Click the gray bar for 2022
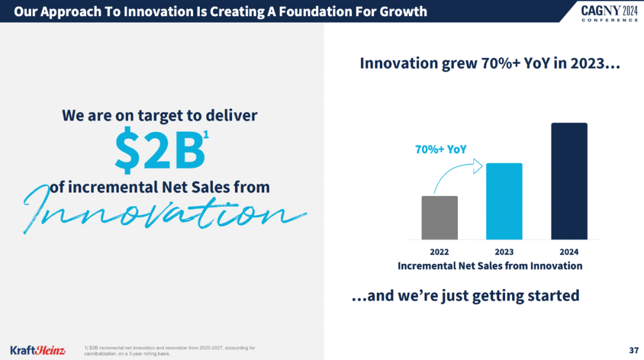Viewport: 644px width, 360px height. (439, 218)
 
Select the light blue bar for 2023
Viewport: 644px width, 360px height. (504, 201)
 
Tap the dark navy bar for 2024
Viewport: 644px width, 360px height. (569, 181)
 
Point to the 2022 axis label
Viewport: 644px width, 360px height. (439, 252)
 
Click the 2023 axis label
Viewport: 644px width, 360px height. (504, 252)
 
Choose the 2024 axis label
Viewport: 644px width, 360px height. (569, 252)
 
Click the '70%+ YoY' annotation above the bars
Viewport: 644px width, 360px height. (441, 150)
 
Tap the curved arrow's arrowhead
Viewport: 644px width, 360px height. (478, 166)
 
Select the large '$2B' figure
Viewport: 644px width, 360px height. (159, 150)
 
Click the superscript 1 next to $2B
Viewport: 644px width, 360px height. (206, 135)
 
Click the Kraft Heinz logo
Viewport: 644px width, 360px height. (38, 350)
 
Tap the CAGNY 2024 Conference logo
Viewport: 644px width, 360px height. (609, 13)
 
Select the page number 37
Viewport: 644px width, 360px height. (634, 350)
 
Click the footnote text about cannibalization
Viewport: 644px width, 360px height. (169, 350)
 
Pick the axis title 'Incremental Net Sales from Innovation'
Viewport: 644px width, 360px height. (490, 266)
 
